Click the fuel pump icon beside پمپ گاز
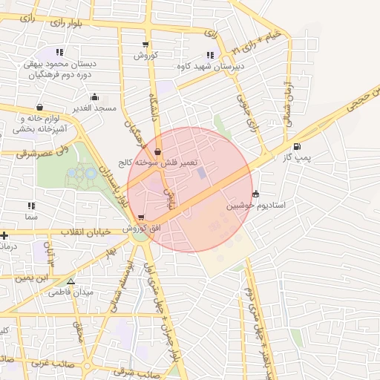pos(298,146)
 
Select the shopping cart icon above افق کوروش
pos(141,217)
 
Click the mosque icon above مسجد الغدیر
pos(94,97)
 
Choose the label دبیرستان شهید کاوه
pos(210,65)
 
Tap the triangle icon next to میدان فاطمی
pos(71,282)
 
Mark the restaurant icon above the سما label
pos(30,206)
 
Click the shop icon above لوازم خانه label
pos(39,107)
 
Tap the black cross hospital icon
pos(5,236)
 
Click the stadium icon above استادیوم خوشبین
pos(256,194)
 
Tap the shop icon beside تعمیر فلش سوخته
pos(157,151)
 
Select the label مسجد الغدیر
pos(95,108)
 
